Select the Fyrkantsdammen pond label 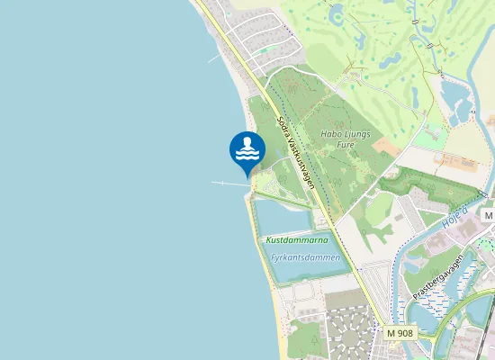click(306, 257)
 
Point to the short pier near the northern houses click(217, 56)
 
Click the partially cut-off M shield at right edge click(489, 216)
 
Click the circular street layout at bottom click(346, 335)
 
